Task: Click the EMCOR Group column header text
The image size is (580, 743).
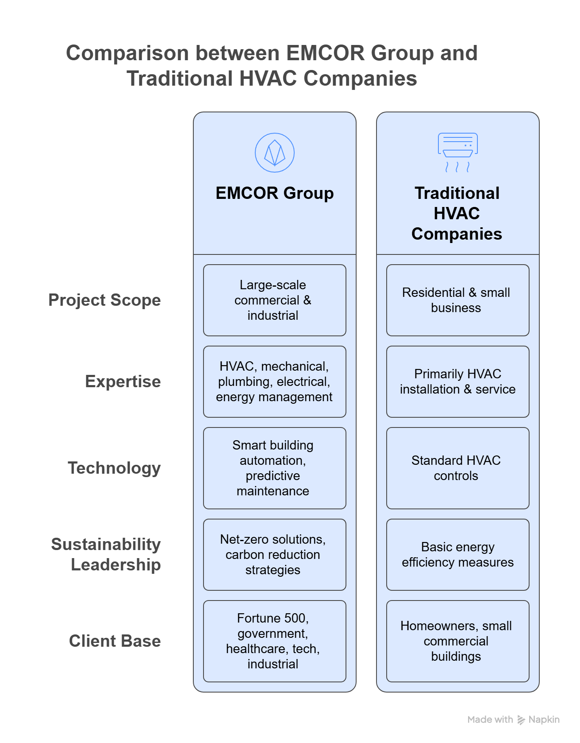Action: click(275, 193)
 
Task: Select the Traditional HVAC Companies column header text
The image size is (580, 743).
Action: click(457, 213)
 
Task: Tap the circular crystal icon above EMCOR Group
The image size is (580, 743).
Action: click(275, 153)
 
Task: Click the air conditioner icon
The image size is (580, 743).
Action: click(457, 152)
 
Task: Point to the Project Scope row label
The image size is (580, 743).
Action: click(105, 300)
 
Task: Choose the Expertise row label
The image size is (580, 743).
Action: click(123, 382)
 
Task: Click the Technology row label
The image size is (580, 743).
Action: click(114, 468)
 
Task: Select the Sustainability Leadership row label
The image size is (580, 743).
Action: click(106, 555)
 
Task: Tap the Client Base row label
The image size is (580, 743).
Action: click(115, 641)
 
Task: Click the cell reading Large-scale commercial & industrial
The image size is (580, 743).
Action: click(274, 300)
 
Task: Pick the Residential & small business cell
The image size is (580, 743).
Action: click(457, 300)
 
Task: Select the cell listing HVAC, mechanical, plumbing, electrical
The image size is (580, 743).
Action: click(274, 382)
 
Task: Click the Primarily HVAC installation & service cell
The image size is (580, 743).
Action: click(457, 382)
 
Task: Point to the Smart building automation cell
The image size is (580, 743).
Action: click(274, 468)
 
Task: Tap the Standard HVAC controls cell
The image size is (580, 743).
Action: click(457, 468)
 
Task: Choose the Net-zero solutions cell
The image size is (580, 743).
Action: click(274, 555)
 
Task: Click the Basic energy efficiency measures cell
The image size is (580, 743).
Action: click(457, 555)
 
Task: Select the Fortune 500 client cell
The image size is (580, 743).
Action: click(274, 641)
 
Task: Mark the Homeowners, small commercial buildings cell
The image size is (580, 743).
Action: click(457, 641)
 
